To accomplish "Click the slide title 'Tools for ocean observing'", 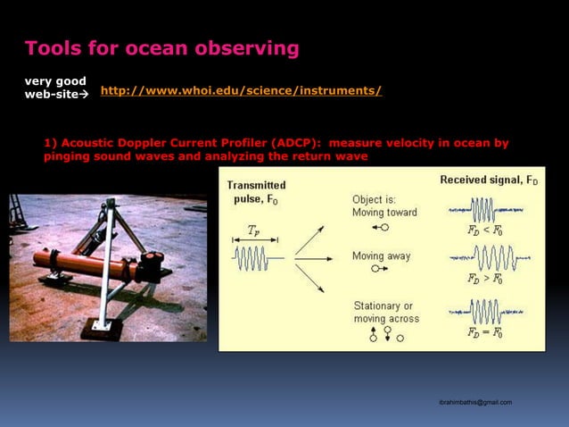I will [x=161, y=47].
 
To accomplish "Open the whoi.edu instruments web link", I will [x=242, y=91].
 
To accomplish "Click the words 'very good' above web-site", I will [x=54, y=81].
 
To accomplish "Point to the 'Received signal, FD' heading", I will [x=489, y=180].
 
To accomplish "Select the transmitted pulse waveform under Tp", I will [x=257, y=260].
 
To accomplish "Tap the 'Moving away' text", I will [x=382, y=255].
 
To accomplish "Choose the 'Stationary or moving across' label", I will [x=385, y=313].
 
